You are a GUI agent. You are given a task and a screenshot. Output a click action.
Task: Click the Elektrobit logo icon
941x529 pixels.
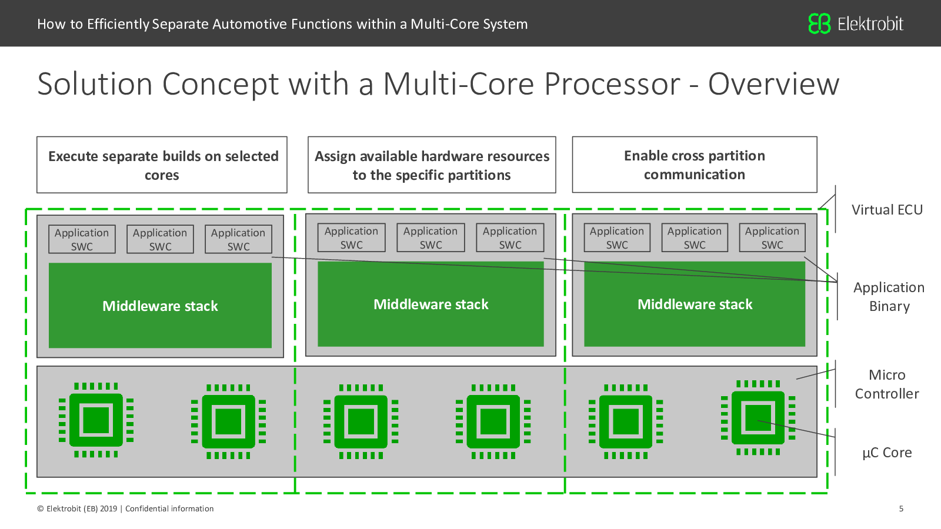pos(819,24)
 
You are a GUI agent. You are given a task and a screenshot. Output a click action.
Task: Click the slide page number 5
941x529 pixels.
pos(901,509)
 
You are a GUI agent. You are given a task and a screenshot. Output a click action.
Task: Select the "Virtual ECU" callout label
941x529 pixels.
pos(887,209)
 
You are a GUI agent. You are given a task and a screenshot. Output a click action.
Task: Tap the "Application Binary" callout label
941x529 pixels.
pos(889,296)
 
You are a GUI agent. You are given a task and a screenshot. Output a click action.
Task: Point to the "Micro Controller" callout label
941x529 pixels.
pos(887,384)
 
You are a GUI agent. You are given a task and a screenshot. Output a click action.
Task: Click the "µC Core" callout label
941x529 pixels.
pos(887,453)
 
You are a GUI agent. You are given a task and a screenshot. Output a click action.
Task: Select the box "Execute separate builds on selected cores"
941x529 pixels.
pos(162,165)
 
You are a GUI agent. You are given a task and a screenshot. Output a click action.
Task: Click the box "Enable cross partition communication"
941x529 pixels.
pos(695,165)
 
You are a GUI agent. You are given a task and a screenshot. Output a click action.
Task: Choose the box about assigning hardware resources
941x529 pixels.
pos(432,165)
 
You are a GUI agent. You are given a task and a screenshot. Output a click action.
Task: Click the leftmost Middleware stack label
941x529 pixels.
pos(160,306)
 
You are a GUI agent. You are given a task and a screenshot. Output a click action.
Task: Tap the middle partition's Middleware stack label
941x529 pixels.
pos(431,304)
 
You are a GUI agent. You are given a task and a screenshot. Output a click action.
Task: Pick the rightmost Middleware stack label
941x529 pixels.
pos(695,304)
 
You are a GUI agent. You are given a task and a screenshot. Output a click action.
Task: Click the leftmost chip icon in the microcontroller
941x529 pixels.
pos(96,420)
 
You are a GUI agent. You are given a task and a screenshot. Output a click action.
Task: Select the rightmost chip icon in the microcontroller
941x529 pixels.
pos(758,418)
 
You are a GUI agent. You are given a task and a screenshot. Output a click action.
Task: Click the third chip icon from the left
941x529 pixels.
pos(361,421)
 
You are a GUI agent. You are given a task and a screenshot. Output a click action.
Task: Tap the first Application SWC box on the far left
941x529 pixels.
pos(82,239)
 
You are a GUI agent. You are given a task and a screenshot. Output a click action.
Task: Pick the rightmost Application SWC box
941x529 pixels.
pos(772,237)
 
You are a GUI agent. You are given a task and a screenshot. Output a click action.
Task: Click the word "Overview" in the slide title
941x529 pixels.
pos(773,84)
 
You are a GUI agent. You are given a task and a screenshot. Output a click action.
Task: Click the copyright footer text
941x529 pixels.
pos(125,509)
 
